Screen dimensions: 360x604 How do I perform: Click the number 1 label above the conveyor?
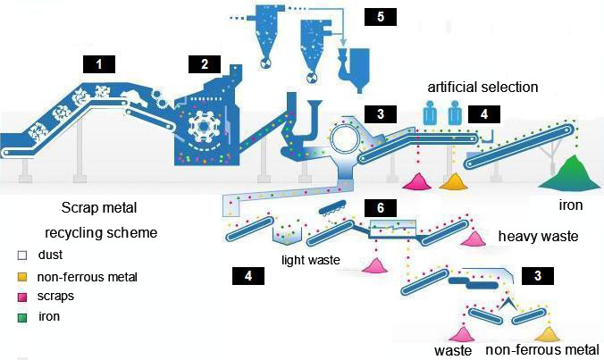click(x=101, y=63)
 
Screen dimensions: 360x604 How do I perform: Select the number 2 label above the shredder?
click(x=205, y=63)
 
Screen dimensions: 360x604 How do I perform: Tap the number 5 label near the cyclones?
click(x=382, y=19)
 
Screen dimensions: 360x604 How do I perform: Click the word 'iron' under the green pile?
click(x=570, y=206)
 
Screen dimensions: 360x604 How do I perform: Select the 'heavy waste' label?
click(x=539, y=236)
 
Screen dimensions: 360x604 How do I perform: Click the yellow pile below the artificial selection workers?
click(x=455, y=181)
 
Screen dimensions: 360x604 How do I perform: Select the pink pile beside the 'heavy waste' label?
click(x=470, y=239)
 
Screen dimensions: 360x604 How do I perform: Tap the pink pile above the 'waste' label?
click(x=463, y=334)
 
